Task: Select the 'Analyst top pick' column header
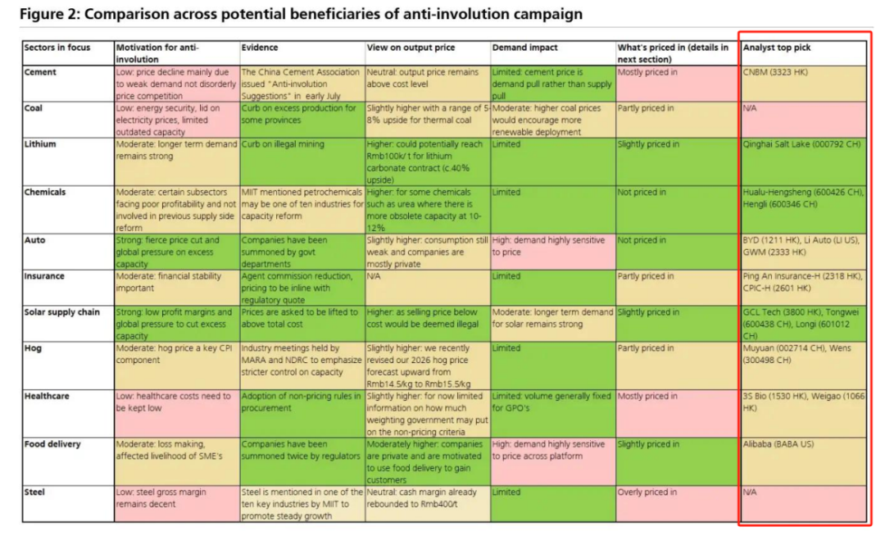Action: click(777, 48)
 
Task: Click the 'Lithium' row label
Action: click(40, 144)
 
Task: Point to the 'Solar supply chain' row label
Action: click(62, 312)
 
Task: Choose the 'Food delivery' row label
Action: click(52, 444)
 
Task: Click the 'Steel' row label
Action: click(34, 493)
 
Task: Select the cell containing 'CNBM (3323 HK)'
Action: click(774, 72)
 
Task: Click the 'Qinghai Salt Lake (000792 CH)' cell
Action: click(801, 144)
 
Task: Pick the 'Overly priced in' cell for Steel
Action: click(647, 493)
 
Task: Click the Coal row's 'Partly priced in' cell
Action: click(646, 108)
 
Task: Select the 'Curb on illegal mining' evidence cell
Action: click(283, 144)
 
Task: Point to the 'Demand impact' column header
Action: click(520, 48)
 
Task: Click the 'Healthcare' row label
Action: click(47, 396)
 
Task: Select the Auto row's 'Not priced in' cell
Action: click(642, 240)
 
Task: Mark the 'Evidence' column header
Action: click(260, 48)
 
